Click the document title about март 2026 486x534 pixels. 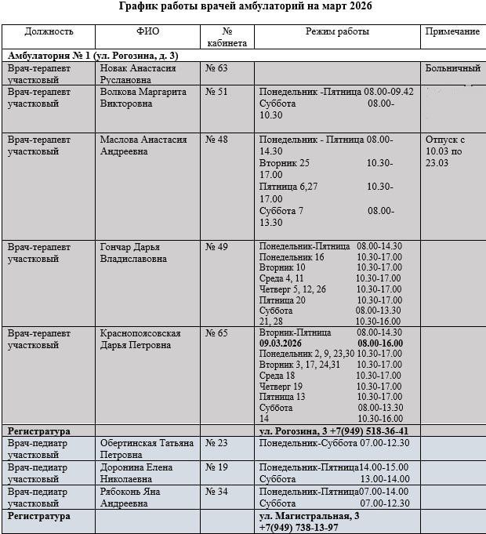(x=245, y=7)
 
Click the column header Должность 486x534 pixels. (x=49, y=32)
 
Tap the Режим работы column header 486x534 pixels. (x=337, y=32)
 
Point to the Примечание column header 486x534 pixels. (x=452, y=32)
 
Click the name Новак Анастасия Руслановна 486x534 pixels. (x=138, y=74)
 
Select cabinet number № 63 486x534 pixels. (x=216, y=69)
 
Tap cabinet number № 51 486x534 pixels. (x=216, y=93)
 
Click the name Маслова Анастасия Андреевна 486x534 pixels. (x=143, y=145)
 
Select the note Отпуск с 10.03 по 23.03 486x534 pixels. (x=446, y=151)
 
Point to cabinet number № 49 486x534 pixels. (x=216, y=247)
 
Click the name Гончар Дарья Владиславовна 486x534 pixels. (x=133, y=252)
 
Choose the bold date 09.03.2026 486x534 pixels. (x=290, y=343)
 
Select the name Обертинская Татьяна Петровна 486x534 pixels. (x=147, y=449)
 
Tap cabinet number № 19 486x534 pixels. (x=216, y=467)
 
